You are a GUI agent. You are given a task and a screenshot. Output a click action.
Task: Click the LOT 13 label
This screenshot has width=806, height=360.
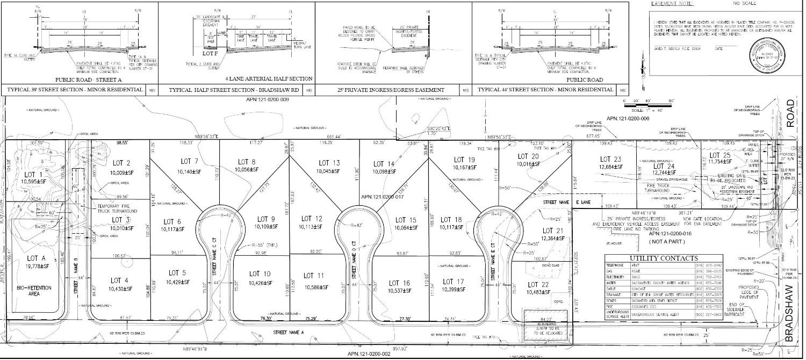click(329, 163)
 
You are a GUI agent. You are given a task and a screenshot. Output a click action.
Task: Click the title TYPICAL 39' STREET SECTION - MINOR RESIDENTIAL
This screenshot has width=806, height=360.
click(73, 90)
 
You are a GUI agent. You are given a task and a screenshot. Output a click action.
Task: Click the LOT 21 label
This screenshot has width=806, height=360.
click(537, 231)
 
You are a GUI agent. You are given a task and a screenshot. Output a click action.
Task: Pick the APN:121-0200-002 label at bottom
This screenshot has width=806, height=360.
click(370, 354)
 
